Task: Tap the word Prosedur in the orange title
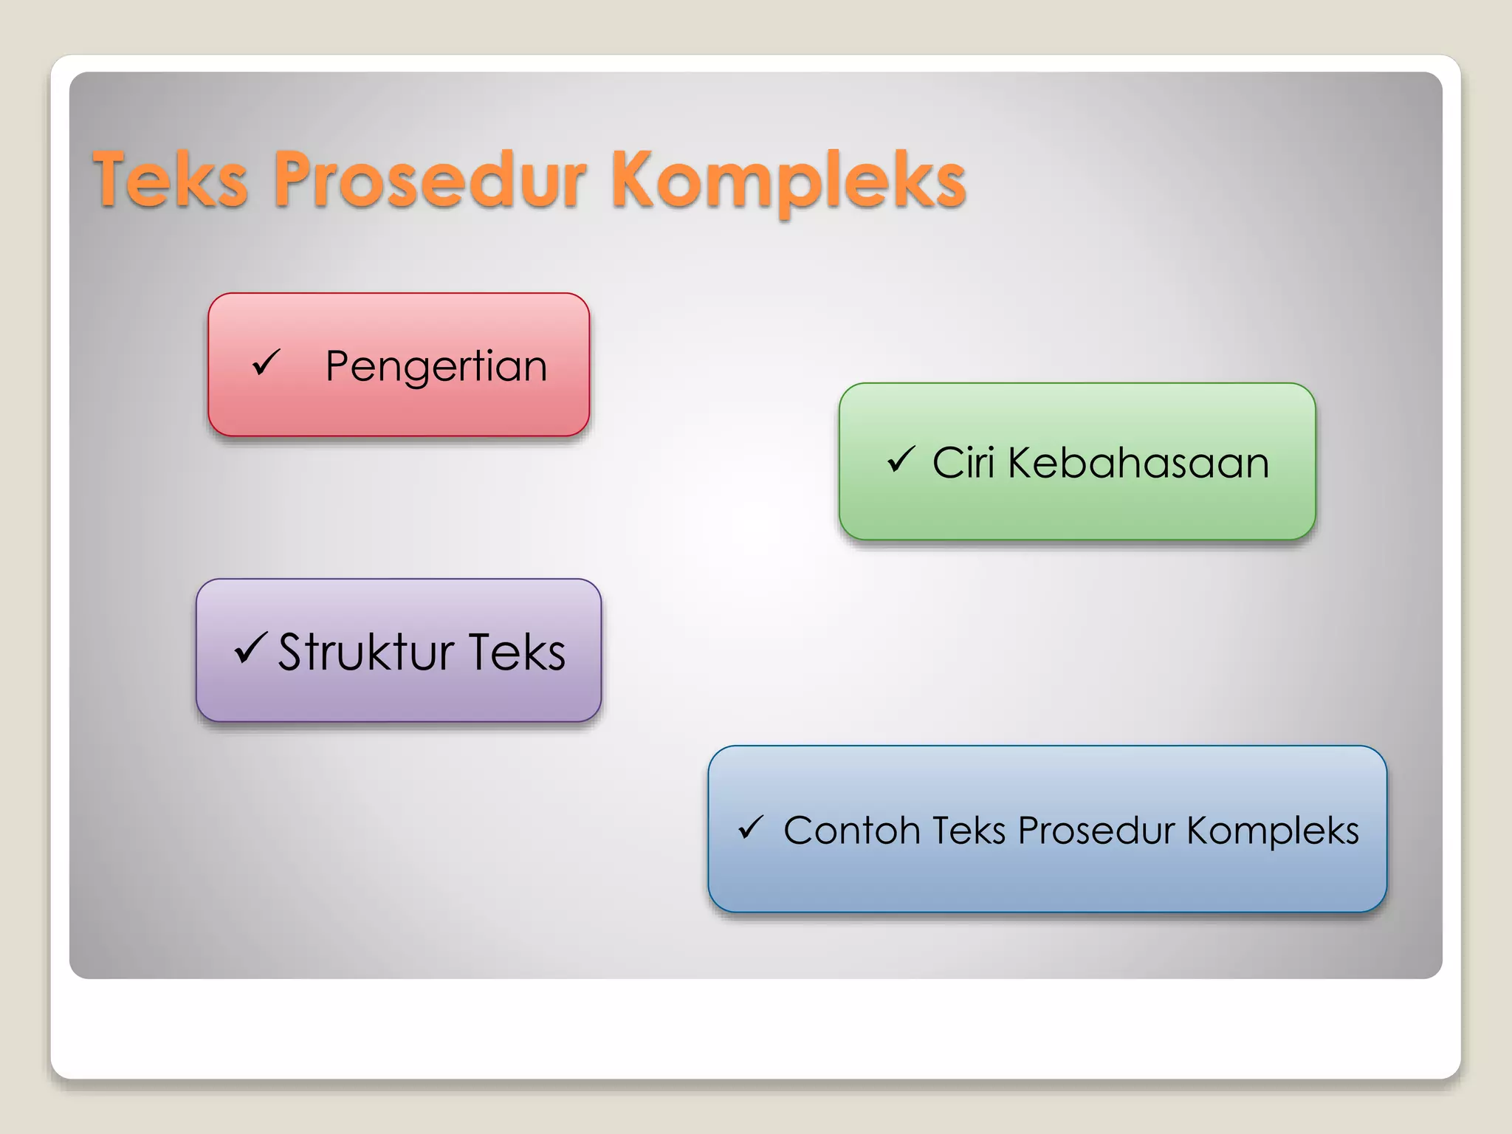click(430, 179)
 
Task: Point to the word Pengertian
click(436, 366)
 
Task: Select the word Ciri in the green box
click(963, 463)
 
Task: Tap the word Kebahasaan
click(1138, 463)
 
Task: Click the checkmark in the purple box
click(250, 648)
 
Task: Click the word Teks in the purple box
click(517, 652)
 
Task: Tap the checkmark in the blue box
click(750, 828)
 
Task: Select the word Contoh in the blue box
click(851, 831)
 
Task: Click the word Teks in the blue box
click(969, 831)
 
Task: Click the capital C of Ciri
click(947, 463)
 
